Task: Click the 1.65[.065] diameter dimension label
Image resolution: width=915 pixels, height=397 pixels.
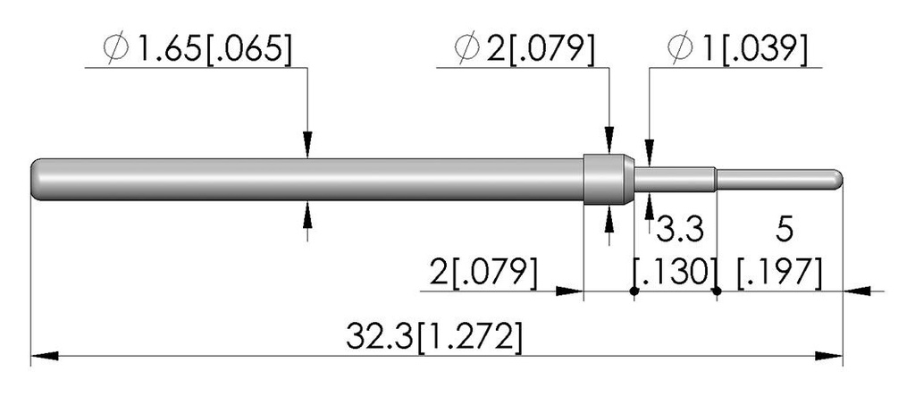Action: click(x=197, y=49)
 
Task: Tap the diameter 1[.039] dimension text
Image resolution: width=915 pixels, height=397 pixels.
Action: click(x=737, y=49)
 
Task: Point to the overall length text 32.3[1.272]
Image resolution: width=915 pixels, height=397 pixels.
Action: click(x=433, y=337)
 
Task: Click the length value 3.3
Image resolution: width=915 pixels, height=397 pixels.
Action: click(x=680, y=230)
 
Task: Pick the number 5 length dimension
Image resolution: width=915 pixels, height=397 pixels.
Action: click(x=784, y=230)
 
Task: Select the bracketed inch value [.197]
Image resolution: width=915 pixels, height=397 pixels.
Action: click(x=779, y=273)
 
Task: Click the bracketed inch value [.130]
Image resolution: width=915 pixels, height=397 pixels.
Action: click(x=676, y=273)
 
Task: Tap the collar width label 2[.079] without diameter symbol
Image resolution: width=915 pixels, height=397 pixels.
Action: click(x=483, y=272)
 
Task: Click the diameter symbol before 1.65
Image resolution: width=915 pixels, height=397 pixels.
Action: click(x=115, y=49)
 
